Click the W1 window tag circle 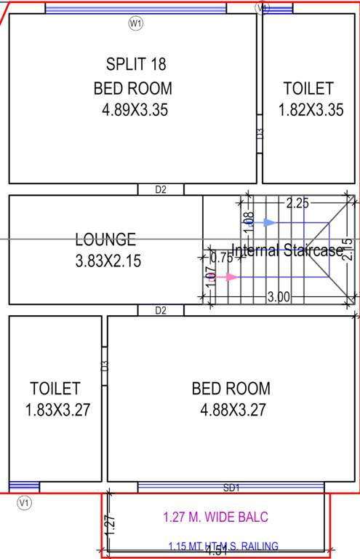[135, 24]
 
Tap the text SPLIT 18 [136, 64]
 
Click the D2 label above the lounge [161, 190]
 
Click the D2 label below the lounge [161, 311]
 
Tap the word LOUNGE [105, 239]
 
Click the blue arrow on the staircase [270, 222]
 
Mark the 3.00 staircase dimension [279, 297]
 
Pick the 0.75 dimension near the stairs [221, 257]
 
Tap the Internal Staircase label [287, 250]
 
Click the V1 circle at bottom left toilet [25, 502]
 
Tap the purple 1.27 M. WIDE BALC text [216, 518]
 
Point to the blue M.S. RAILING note [223, 547]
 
